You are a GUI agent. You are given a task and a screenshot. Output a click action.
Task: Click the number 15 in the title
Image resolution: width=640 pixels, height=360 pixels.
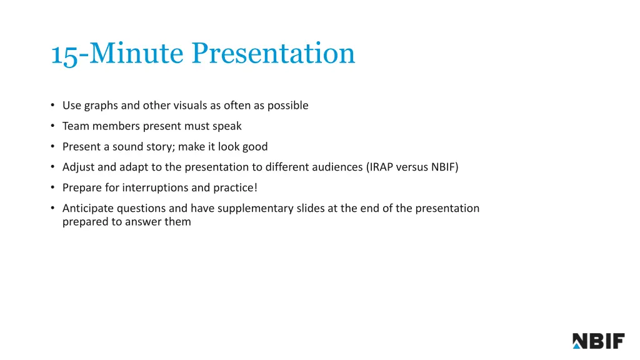64,54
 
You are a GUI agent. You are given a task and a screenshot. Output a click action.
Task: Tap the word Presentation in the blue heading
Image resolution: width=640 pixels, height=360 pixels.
273,54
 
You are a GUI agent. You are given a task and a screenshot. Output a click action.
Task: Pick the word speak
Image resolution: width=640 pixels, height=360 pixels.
227,126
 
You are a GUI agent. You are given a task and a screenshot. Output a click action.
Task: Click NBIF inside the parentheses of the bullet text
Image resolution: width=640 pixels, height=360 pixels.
444,167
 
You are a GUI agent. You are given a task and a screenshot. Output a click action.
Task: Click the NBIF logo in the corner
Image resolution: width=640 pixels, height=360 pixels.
598,341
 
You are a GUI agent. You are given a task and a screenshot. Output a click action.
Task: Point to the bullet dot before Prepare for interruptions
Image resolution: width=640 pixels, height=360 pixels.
53,187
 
